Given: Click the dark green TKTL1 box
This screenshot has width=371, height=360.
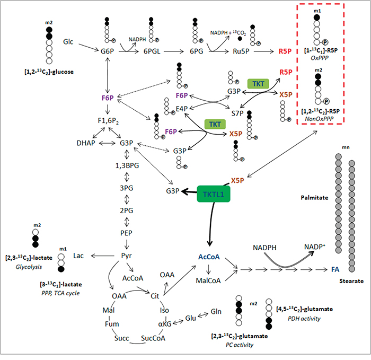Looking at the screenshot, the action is point(214,194).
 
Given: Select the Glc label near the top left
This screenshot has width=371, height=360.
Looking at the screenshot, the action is point(68,42).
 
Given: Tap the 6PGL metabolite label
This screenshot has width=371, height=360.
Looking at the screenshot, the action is point(152,51).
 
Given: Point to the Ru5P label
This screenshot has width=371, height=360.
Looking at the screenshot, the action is point(241,51).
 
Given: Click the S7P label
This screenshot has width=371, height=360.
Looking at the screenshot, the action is point(237,113).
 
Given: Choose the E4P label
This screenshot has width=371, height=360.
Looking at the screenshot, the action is point(182,109).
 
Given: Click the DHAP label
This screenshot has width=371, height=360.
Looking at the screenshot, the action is point(86,143).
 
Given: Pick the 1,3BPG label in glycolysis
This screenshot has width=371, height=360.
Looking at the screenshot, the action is point(127,165).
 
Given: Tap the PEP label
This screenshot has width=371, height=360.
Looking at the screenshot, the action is point(126,233).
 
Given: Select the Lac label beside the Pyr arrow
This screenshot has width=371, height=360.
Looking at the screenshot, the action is point(78,256).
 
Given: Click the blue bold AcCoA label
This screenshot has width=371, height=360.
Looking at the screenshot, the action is point(209,257).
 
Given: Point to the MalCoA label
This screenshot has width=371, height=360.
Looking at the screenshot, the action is point(208,280).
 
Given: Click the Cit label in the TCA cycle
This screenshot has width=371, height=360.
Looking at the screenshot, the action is point(155,296).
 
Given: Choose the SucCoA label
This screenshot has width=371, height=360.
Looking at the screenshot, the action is point(153,338).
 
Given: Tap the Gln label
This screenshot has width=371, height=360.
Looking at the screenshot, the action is point(216,311).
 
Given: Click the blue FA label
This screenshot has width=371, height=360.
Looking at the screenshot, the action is point(335,269).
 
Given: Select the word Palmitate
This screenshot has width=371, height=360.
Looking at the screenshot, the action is point(314,198).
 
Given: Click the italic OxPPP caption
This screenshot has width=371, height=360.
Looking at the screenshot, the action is point(320,58).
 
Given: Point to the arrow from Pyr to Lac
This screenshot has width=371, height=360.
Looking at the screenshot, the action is point(103,256).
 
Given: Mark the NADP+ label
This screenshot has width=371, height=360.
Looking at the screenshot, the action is point(315,247).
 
